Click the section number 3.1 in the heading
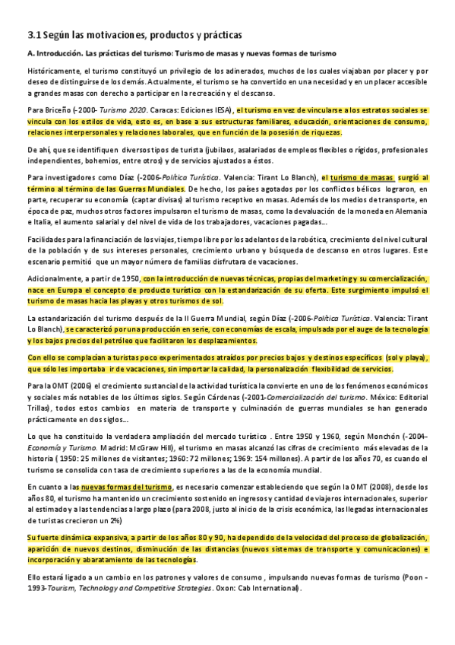point(32,35)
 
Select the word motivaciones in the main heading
point(100,35)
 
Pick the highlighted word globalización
point(352,538)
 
